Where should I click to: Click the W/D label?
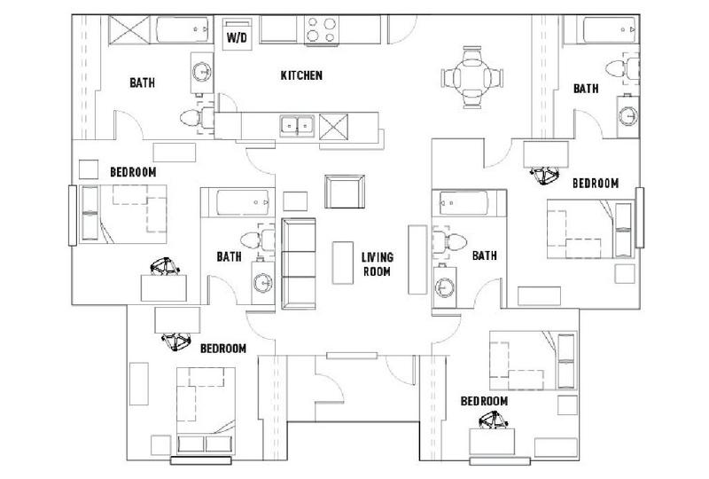pyautogui.click(x=237, y=38)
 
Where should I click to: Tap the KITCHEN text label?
pyautogui.click(x=300, y=76)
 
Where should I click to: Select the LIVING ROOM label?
pyautogui.click(x=377, y=264)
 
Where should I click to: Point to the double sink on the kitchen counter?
pyautogui.click(x=297, y=125)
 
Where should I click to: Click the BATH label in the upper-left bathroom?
pyautogui.click(x=143, y=83)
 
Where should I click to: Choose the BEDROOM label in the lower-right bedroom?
pyautogui.click(x=484, y=401)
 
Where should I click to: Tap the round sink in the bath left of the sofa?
pyautogui.click(x=263, y=283)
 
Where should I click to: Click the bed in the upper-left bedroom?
pyautogui.click(x=124, y=214)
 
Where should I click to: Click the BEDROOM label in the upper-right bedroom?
pyautogui.click(x=594, y=183)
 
